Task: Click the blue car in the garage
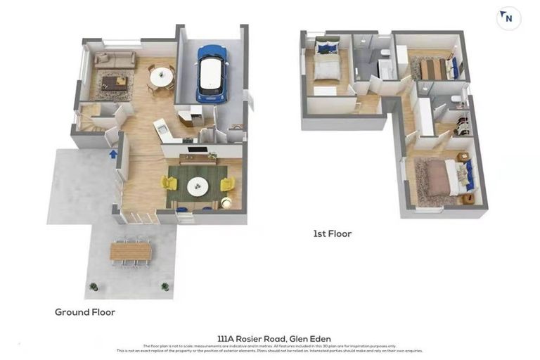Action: [211, 73]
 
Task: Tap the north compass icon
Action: [508, 18]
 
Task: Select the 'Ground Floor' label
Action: [85, 311]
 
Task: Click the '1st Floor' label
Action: [333, 233]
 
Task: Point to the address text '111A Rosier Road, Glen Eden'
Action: [274, 339]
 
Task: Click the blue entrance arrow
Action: [113, 153]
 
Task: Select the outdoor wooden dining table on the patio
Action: [131, 251]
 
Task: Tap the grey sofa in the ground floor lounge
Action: [115, 60]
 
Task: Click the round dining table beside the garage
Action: [162, 75]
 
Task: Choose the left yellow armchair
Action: [169, 184]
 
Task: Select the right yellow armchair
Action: [227, 184]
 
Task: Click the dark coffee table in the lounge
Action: [114, 82]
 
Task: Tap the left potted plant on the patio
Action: [93, 286]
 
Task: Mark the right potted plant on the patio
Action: [165, 286]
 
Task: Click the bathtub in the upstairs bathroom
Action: [387, 69]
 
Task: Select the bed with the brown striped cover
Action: [434, 69]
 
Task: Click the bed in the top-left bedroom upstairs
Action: [326, 65]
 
